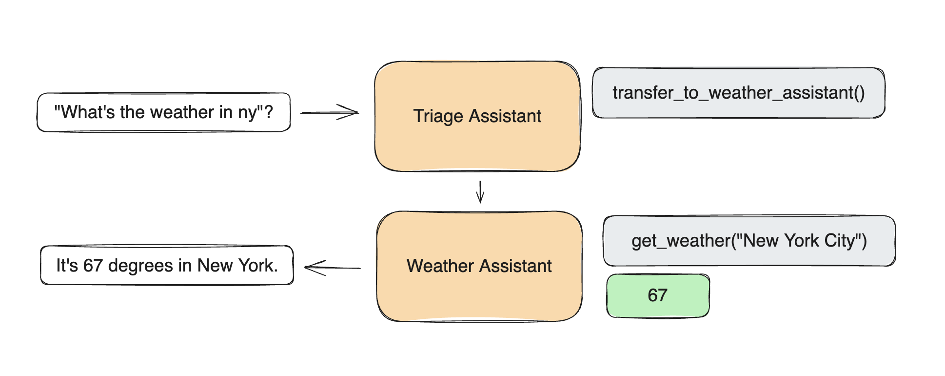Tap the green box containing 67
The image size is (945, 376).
[658, 295]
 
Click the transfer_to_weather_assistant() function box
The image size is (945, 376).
[738, 93]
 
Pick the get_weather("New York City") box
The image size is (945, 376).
[749, 241]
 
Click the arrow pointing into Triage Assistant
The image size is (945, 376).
[330, 112]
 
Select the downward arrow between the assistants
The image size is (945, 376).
[480, 192]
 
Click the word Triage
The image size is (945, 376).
[438, 117]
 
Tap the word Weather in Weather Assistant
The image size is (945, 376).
[440, 266]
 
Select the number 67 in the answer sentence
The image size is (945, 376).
[93, 266]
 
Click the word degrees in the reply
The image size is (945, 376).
[140, 266]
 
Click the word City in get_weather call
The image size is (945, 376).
[840, 241]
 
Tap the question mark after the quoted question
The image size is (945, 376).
[268, 112]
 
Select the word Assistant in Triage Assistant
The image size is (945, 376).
[505, 116]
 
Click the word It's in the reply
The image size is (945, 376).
[67, 266]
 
